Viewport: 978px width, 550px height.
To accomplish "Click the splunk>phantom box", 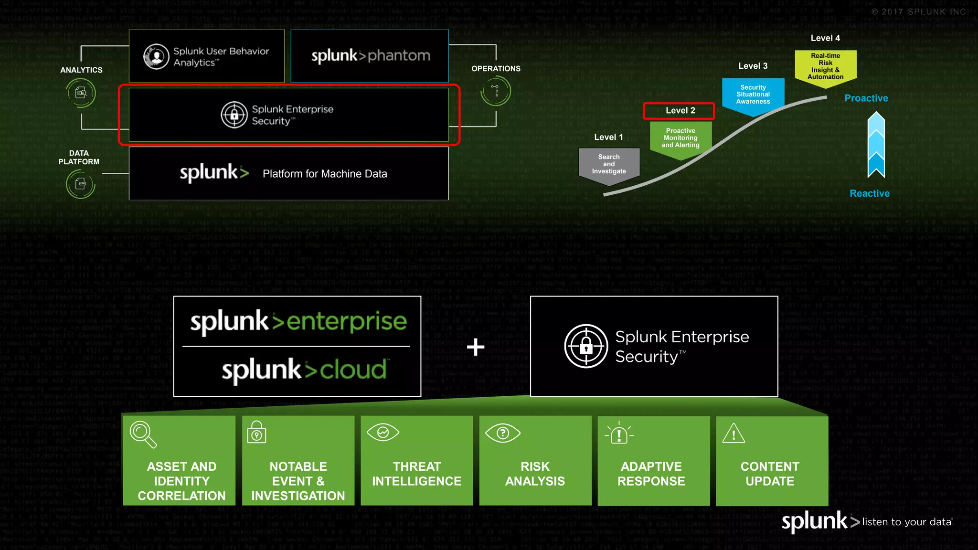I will (x=370, y=56).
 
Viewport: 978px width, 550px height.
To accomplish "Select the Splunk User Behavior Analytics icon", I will (x=156, y=56).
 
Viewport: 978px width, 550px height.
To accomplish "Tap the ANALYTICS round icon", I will (x=81, y=93).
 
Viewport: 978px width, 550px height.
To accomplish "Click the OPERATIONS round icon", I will (x=496, y=91).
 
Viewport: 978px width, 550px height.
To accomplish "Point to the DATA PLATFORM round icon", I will (x=80, y=184).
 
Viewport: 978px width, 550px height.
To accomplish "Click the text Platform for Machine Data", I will (x=325, y=174).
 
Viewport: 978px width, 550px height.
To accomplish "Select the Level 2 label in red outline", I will (x=680, y=111).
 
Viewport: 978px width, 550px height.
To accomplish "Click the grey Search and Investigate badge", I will (x=609, y=164).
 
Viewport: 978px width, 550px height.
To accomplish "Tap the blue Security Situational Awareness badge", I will (x=753, y=95).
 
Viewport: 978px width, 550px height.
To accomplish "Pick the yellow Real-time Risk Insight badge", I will (x=825, y=66).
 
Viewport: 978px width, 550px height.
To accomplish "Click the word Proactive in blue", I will (x=866, y=98).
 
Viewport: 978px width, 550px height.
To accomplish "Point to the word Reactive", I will (x=869, y=193).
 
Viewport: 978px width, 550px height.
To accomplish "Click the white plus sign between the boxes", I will (x=476, y=347).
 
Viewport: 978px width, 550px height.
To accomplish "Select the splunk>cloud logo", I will (x=304, y=370).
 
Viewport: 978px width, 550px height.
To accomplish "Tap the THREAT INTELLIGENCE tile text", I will (x=416, y=474).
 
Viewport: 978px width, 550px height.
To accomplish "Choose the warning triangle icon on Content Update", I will (x=733, y=434).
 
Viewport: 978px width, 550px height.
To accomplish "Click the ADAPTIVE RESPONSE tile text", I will (x=651, y=474).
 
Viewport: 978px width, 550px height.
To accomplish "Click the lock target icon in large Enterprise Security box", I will (x=586, y=346).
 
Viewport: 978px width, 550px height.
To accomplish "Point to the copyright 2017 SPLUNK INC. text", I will (x=919, y=12).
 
